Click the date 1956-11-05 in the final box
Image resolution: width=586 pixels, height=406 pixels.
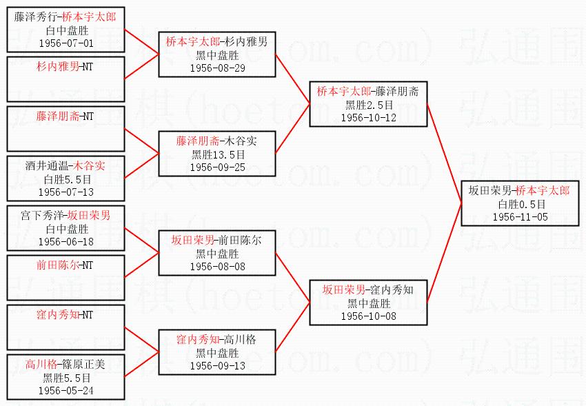tap(521, 217)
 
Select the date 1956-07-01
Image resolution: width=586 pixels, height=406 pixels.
tap(65, 43)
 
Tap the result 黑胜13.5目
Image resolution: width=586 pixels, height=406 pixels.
tap(218, 154)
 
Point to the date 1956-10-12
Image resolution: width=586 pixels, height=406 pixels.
tap(369, 117)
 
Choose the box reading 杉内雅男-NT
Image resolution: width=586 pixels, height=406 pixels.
tap(65, 68)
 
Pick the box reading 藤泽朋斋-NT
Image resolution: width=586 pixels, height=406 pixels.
tap(65, 117)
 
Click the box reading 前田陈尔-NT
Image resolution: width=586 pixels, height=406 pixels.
tap(65, 265)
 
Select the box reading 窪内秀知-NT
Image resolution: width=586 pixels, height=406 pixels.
tap(65, 315)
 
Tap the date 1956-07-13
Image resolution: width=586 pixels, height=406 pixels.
tap(65, 192)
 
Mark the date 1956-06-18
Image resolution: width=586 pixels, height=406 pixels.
tap(65, 241)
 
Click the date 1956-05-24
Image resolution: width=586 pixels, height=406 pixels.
tap(65, 391)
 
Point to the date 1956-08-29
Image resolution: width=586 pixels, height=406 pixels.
tap(218, 68)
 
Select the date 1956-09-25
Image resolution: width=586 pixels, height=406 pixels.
tap(218, 167)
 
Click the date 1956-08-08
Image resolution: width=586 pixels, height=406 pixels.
tap(218, 266)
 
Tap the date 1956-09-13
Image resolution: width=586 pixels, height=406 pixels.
tap(218, 365)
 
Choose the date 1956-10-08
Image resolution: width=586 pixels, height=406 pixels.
tap(369, 316)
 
